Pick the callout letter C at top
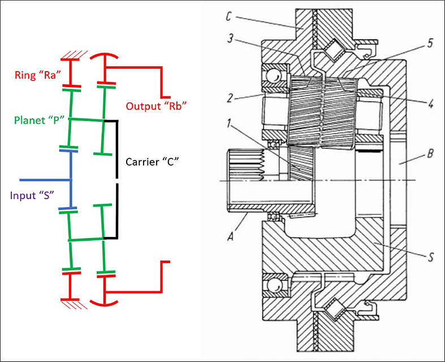coord(227,17)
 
